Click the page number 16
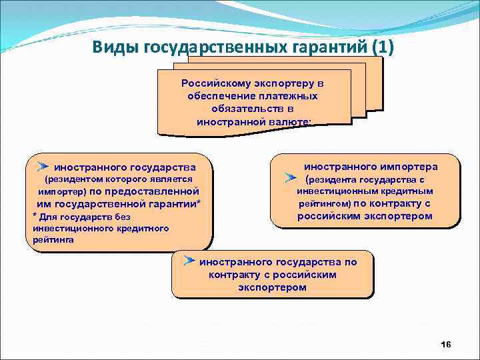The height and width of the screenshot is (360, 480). [x=446, y=344]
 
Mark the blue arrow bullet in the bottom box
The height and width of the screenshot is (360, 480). [x=190, y=261]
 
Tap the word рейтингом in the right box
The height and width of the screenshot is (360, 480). [x=323, y=204]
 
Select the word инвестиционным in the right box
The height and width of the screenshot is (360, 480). [x=343, y=191]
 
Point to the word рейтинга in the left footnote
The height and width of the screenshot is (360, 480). [x=51, y=241]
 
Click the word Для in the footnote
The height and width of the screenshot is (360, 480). [x=47, y=217]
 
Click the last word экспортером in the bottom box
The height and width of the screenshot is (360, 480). [x=272, y=287]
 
